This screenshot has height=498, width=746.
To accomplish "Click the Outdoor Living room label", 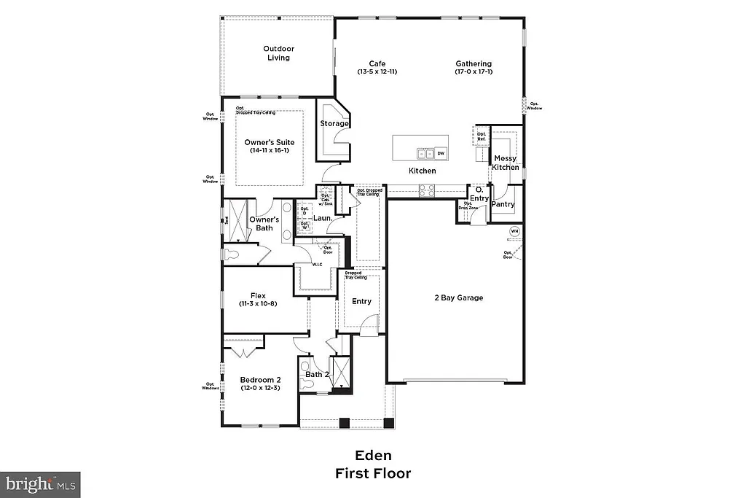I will tap(278, 53).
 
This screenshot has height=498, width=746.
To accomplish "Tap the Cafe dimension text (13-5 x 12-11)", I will tap(377, 72).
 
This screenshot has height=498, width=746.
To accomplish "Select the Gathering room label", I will tap(474, 63).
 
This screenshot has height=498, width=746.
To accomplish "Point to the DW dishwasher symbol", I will tap(441, 153).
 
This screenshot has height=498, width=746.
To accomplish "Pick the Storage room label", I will tap(334, 123).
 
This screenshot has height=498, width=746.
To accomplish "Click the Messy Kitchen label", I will tap(506, 163).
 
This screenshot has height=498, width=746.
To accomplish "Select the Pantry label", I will tap(503, 204).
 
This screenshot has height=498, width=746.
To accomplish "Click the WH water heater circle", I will tap(514, 231).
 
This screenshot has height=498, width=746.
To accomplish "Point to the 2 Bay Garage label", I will tap(459, 297).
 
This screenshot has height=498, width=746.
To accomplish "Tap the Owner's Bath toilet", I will tap(232, 255).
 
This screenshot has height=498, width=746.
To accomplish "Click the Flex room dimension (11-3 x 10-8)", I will tap(257, 304).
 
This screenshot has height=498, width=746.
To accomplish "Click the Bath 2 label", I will tap(318, 375).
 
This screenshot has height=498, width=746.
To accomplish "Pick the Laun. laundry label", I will tap(323, 218).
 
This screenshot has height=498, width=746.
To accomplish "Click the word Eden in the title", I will tap(372, 457).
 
